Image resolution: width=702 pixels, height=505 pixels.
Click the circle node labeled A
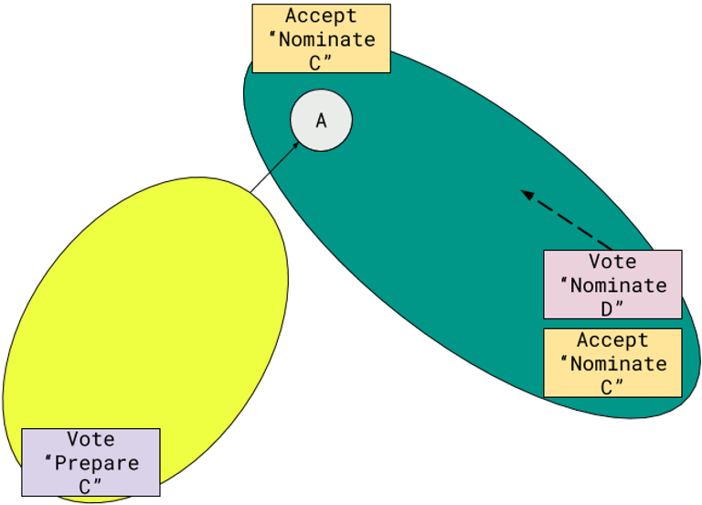pyautogui.click(x=321, y=120)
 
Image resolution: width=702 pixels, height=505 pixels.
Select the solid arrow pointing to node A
pyautogui.click(x=282, y=157)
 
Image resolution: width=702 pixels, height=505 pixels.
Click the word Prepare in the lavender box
pyautogui.click(x=97, y=463)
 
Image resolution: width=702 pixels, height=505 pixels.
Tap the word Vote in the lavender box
pyautogui.click(x=90, y=440)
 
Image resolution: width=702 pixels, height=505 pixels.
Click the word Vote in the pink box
pyautogui.click(x=612, y=263)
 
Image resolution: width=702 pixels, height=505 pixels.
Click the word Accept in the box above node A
pyautogui.click(x=321, y=16)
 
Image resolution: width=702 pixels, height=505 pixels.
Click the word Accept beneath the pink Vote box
pyautogui.click(x=612, y=340)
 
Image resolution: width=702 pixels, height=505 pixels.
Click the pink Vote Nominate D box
pyautogui.click(x=612, y=285)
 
